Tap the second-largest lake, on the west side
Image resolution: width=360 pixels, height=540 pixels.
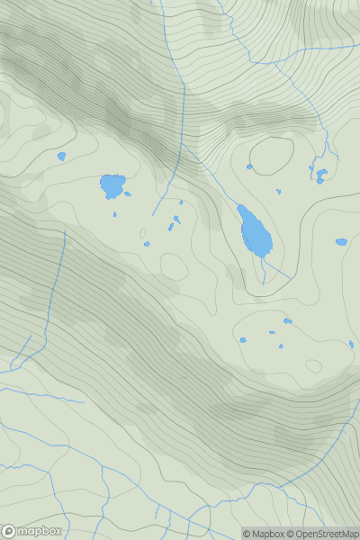tap(112, 186)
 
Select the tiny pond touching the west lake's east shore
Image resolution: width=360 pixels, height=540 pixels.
tap(127, 193)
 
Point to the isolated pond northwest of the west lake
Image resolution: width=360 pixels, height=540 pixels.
tap(61, 156)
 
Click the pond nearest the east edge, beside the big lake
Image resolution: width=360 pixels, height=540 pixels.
tap(341, 241)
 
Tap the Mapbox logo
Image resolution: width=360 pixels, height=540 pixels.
tap(32, 531)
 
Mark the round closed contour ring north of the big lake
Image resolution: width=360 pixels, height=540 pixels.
tap(272, 157)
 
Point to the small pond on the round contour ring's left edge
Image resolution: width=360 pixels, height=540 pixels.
tap(249, 166)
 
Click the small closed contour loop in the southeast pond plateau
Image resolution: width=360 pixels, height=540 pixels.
tap(313, 366)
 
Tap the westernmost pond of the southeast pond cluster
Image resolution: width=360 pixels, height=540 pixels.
tap(242, 340)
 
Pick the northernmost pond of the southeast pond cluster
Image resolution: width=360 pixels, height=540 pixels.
tap(287, 320)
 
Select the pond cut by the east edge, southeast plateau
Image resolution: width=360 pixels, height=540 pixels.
tap(351, 343)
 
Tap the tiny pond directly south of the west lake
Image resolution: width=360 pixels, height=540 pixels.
tap(115, 214)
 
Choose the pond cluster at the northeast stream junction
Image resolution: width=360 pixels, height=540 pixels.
tap(319, 173)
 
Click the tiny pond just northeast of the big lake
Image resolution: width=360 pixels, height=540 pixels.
tap(278, 191)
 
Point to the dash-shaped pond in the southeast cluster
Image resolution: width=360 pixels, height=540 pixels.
tap(272, 332)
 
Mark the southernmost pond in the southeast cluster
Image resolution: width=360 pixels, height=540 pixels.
tap(281, 346)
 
